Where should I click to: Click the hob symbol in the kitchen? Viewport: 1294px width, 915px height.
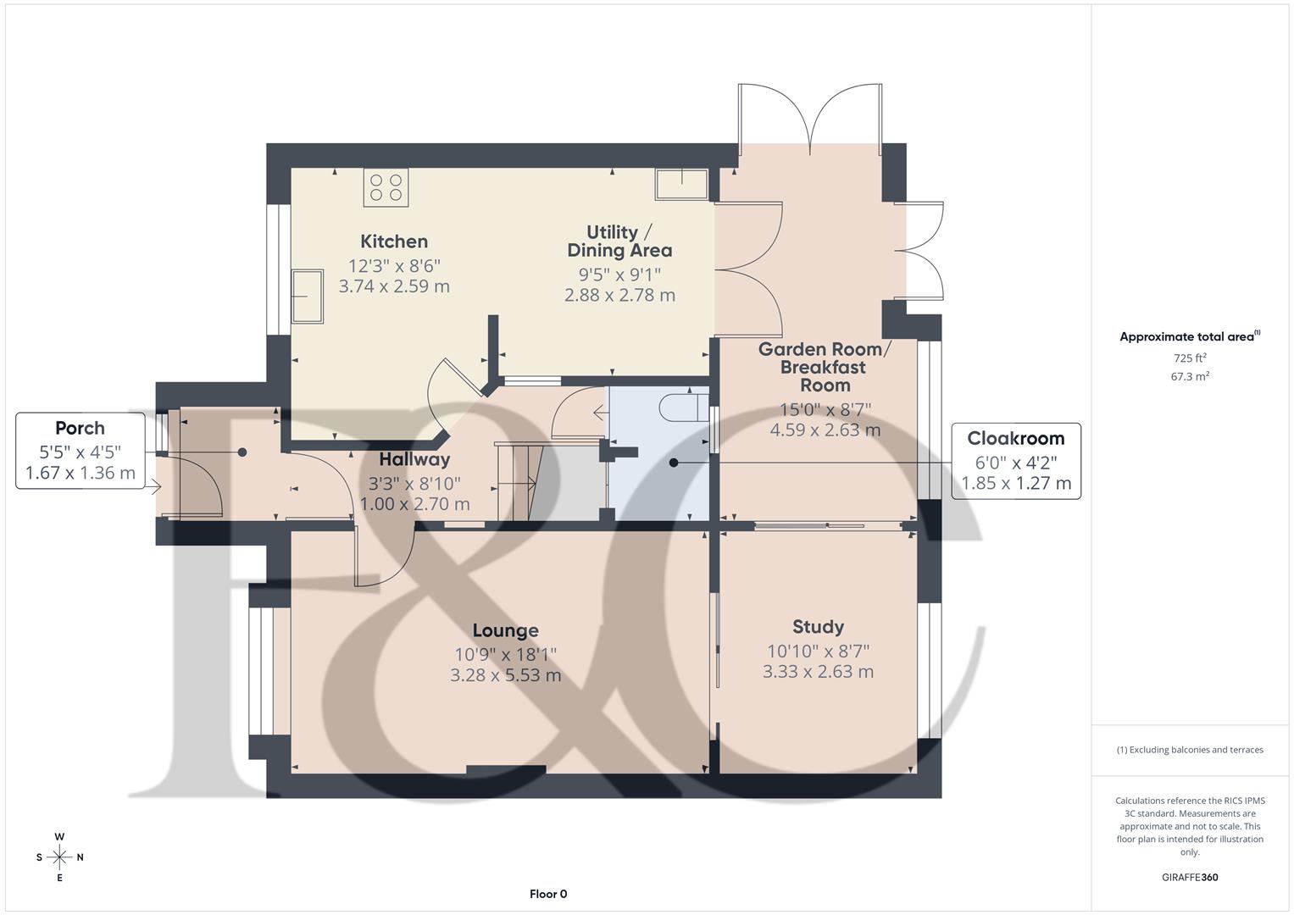click(x=386, y=187)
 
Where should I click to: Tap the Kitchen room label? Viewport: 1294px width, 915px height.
click(x=394, y=241)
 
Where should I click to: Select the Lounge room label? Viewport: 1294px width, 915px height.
click(x=505, y=630)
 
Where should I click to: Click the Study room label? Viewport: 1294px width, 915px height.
click(x=818, y=627)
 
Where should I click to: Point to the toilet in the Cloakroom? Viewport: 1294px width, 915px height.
click(x=682, y=408)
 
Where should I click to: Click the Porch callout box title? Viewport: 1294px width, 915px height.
click(x=80, y=429)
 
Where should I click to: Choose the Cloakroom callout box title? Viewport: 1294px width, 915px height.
click(x=1015, y=439)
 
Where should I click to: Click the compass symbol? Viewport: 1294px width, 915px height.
click(x=59, y=857)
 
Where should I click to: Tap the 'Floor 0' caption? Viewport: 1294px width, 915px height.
click(x=547, y=894)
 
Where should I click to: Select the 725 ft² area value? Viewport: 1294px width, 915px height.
click(x=1190, y=358)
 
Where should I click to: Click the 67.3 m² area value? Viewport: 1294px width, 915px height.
click(x=1190, y=377)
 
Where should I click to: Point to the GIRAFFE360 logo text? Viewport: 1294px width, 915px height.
click(x=1190, y=877)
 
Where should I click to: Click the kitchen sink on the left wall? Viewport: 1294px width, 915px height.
click(x=307, y=297)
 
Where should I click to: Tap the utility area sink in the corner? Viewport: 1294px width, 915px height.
click(x=680, y=184)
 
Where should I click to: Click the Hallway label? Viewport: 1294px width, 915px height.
click(x=414, y=460)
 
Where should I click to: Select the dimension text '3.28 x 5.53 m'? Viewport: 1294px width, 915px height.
click(x=505, y=676)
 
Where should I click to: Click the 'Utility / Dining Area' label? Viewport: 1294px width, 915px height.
click(x=619, y=241)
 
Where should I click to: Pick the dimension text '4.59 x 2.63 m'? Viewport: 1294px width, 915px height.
click(x=825, y=430)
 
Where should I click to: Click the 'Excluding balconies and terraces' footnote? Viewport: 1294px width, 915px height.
click(x=1190, y=750)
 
